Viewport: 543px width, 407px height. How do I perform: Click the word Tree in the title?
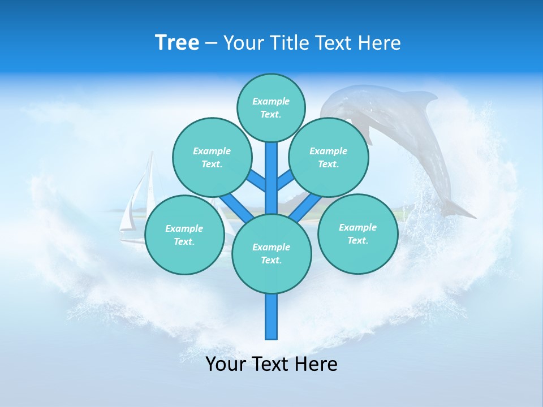coord(177,42)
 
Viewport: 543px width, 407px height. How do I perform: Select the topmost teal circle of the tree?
coord(271,107)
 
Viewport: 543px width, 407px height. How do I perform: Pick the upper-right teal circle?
coord(328,157)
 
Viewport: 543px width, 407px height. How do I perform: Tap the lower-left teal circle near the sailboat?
coord(184,235)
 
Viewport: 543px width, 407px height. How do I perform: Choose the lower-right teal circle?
coord(357,233)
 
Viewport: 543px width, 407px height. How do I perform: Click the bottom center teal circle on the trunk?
coord(271,254)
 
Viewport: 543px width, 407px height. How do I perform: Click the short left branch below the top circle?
coord(256,180)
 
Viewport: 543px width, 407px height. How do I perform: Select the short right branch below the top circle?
coord(286,180)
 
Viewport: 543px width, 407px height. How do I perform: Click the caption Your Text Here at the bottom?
coord(271,363)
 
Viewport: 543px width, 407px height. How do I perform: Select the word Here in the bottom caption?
coord(316,363)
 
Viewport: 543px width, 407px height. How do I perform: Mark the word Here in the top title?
coord(379,43)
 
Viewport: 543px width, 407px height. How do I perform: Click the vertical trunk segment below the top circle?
coord(271,175)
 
